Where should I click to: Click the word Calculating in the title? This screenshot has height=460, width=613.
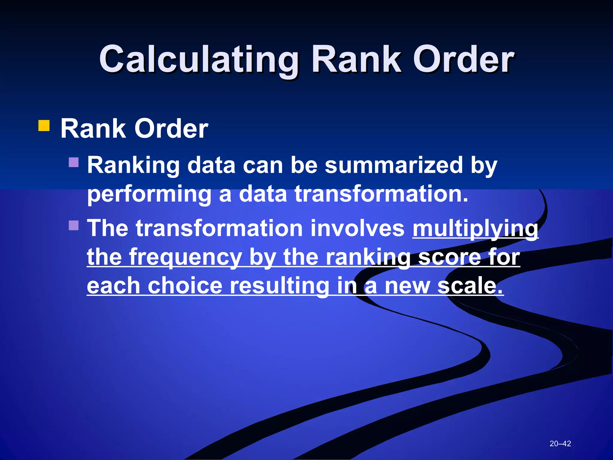(x=198, y=59)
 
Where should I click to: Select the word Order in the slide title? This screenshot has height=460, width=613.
(x=463, y=59)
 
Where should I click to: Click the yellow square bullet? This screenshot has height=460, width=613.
(x=44, y=126)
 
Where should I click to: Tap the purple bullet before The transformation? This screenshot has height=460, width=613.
(x=74, y=225)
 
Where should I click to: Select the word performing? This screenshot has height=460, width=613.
(x=149, y=194)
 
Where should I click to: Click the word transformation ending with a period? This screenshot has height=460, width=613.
(x=381, y=194)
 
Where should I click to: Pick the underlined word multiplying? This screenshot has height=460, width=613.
(x=475, y=229)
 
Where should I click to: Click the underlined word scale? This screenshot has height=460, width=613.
(x=470, y=286)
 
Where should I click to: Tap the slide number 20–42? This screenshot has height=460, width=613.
(x=560, y=444)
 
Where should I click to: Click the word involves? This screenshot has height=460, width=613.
(x=357, y=228)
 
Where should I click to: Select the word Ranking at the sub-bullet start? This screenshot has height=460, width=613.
(x=133, y=165)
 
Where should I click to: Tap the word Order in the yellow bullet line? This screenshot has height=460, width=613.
(x=171, y=129)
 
